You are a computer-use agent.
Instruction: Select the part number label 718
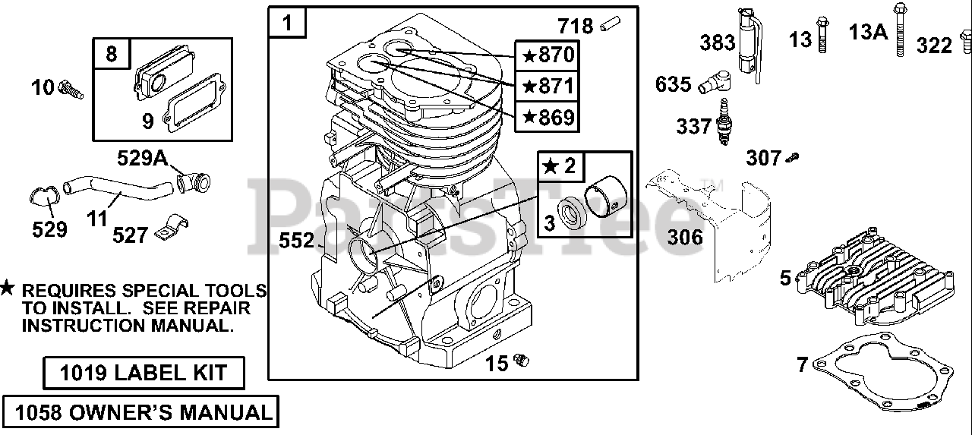[x=575, y=27]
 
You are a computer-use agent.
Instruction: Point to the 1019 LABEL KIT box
[x=144, y=374]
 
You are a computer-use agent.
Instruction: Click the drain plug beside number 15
[x=521, y=359]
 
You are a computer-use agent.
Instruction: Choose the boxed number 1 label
[x=288, y=24]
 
